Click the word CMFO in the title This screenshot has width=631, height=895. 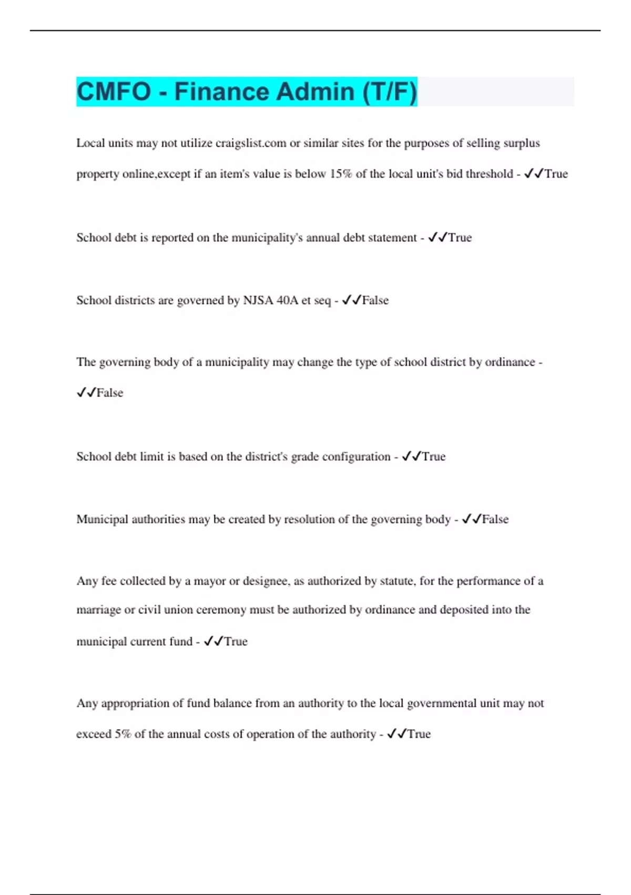[114, 92]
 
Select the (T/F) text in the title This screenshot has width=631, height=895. [389, 92]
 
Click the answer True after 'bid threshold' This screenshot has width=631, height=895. [556, 174]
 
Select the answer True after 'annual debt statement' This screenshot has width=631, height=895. [460, 238]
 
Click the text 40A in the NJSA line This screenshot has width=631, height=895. [287, 301]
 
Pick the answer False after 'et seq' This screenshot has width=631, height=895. [375, 301]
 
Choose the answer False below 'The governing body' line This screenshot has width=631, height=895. [109, 393]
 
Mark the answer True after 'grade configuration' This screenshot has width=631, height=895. [433, 457]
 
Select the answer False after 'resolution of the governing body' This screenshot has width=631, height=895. [495, 520]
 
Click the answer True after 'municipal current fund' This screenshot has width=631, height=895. [236, 642]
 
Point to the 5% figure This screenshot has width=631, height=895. [122, 734]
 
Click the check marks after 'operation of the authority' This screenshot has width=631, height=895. [396, 734]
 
